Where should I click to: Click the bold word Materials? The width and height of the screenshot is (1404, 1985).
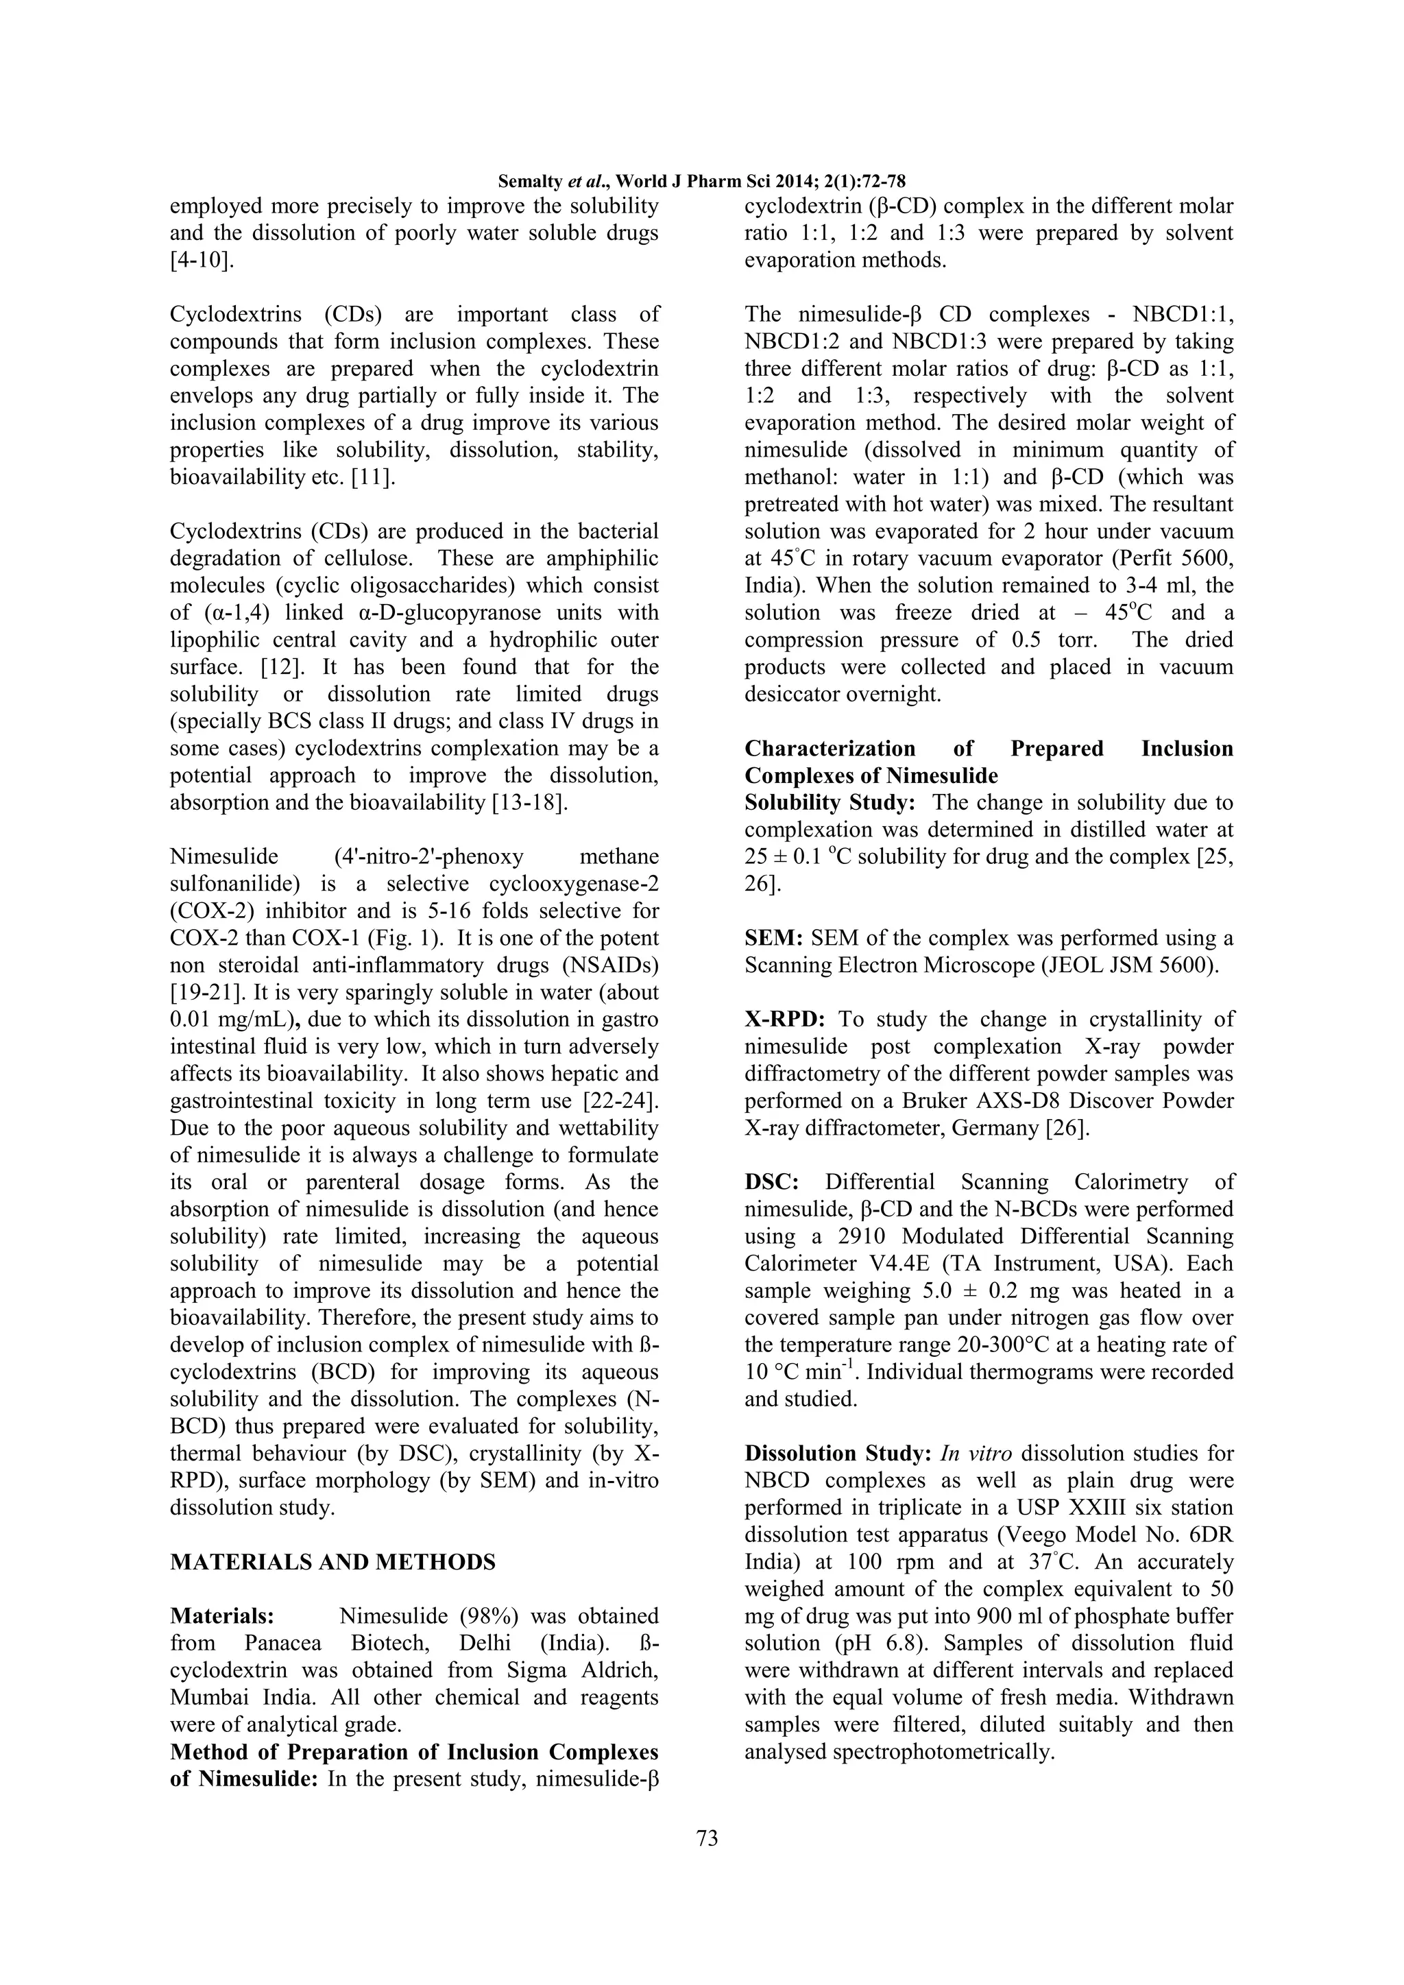pos(222,1616)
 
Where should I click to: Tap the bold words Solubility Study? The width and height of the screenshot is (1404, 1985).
pos(829,802)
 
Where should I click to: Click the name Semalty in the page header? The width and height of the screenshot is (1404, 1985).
pos(529,182)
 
